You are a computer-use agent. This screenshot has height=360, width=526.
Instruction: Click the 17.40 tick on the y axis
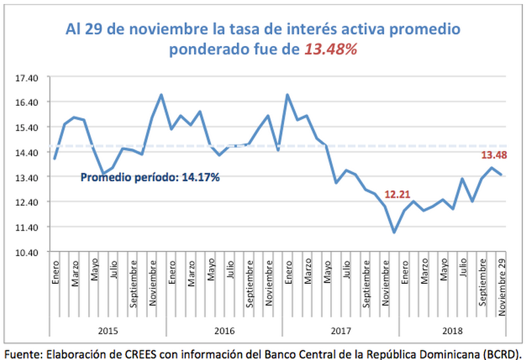coord(28,78)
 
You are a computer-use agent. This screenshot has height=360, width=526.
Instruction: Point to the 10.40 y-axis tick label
coord(28,252)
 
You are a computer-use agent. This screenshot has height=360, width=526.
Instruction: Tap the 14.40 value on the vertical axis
coord(28,152)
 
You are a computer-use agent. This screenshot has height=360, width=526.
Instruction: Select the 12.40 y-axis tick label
coord(28,202)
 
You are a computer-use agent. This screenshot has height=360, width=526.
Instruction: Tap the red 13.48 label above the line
coord(495,155)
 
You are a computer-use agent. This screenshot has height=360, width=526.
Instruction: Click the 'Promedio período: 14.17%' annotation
coord(149,177)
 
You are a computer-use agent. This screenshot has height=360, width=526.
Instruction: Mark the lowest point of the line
coord(394,232)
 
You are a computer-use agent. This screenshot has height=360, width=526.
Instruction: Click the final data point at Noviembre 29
coord(502,175)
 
